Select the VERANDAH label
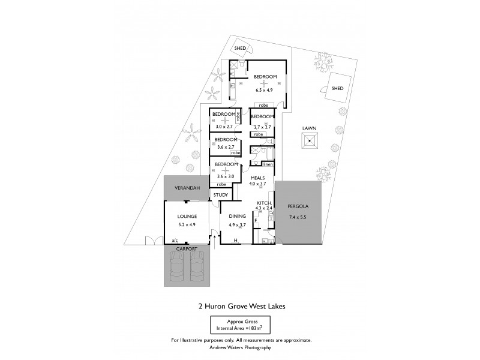(187, 188)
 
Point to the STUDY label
(220, 194)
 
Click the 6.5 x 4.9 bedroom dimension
(264, 90)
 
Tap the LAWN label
(309, 128)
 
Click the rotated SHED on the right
(337, 88)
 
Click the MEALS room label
(258, 177)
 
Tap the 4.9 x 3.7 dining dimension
(237, 225)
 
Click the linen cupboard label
(268, 164)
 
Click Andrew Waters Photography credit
(240, 347)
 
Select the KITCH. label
(265, 203)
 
